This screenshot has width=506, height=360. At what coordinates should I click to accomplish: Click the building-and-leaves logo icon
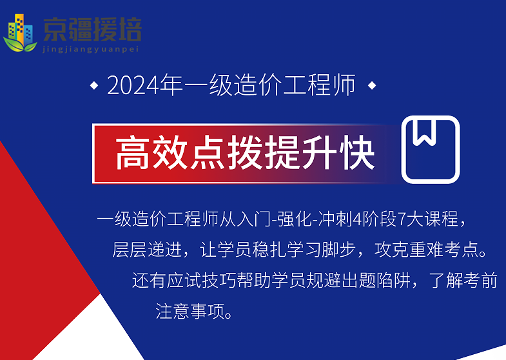[x=20, y=33]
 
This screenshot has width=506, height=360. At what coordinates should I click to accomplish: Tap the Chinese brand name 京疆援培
[x=92, y=30]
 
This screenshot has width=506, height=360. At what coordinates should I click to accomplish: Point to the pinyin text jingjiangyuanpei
[x=91, y=49]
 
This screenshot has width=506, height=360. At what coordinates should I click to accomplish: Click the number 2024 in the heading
[x=133, y=85]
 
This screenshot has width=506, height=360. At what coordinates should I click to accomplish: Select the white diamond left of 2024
[x=94, y=86]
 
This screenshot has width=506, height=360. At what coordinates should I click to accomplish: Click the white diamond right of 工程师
[x=372, y=86]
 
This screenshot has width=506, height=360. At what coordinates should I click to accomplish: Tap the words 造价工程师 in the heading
[x=295, y=85]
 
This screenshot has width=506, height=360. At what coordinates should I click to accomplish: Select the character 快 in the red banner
[x=357, y=153]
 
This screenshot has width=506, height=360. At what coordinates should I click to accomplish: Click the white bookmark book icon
[x=431, y=150]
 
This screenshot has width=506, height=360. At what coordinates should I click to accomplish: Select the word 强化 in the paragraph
[x=294, y=219]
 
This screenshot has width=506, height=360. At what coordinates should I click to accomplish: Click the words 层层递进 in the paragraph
[x=147, y=250]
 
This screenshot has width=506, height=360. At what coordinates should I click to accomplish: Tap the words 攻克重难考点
[x=426, y=250]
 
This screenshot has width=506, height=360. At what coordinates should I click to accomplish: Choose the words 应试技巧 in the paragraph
[x=201, y=280]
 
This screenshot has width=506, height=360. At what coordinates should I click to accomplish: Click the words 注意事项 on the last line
[x=190, y=311]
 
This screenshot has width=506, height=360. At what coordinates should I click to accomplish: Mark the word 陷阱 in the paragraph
[x=393, y=280]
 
